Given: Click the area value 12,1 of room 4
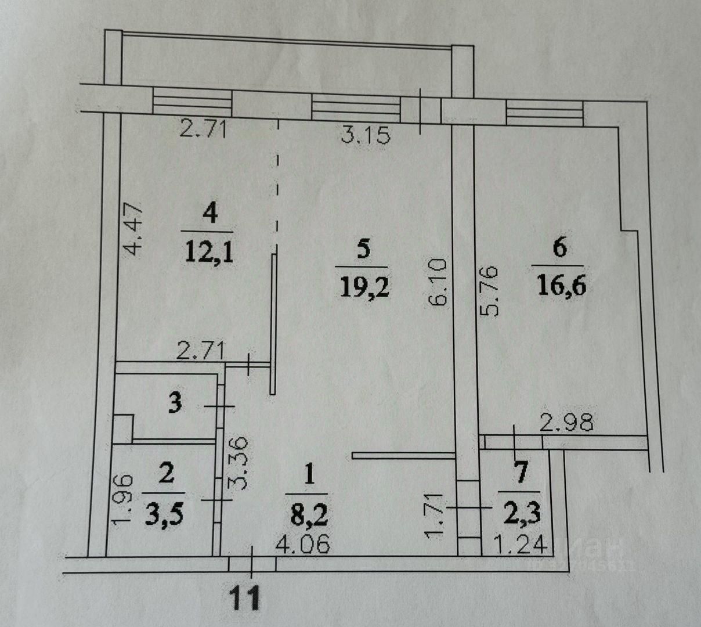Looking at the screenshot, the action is (209, 253).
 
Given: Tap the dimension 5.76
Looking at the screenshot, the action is (490, 290).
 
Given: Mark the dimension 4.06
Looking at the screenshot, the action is (303, 546).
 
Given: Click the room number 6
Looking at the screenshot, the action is (559, 248).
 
